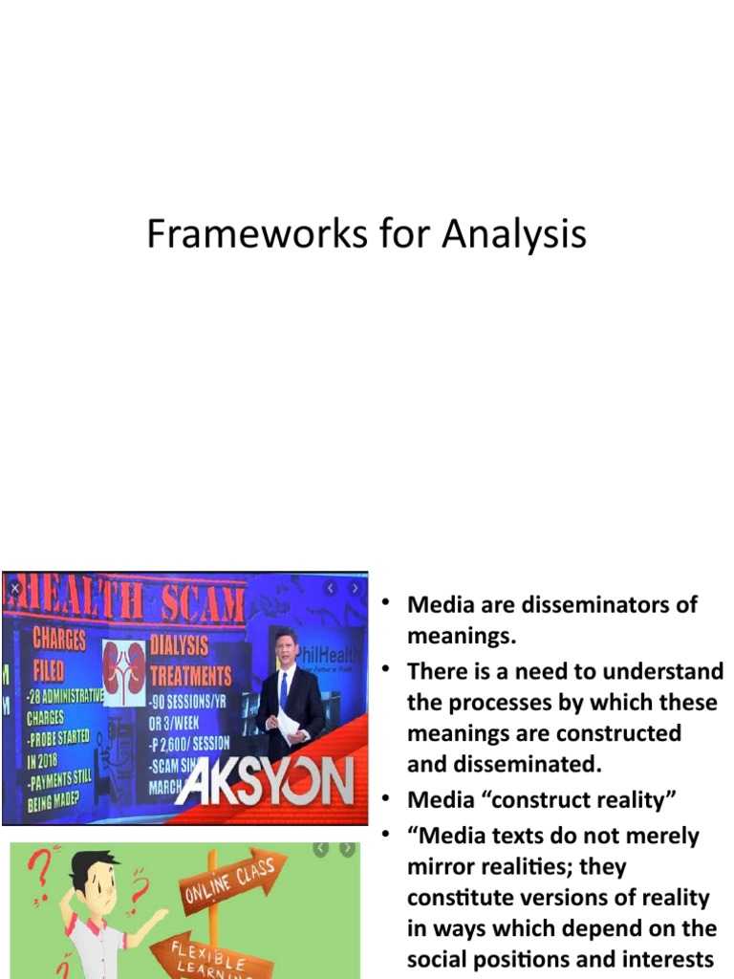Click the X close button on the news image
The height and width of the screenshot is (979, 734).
coord(14,588)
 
